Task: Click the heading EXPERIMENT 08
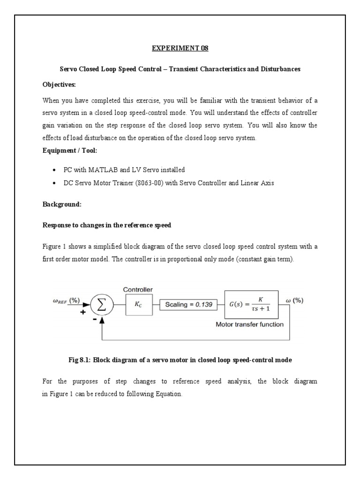[x=180, y=48]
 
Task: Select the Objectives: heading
[x=59, y=84]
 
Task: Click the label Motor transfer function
[x=249, y=324]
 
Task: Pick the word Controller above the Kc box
[x=138, y=290]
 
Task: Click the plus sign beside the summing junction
[x=83, y=313]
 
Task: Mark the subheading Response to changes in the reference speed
[x=107, y=225]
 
